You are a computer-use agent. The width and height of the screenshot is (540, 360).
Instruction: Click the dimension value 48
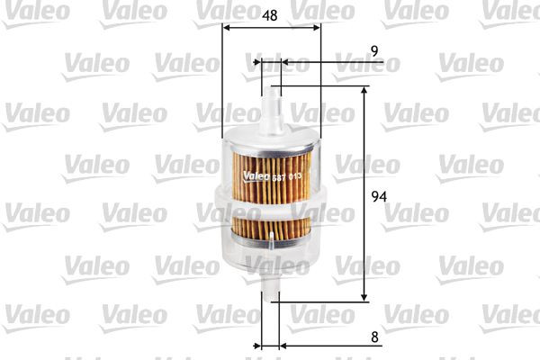tap(270, 15)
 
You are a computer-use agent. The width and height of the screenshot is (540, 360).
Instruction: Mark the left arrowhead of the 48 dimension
tap(225, 28)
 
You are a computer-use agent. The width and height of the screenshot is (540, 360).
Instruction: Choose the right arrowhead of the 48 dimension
tap(316, 28)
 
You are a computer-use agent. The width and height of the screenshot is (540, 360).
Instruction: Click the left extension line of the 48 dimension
tap(220, 81)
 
